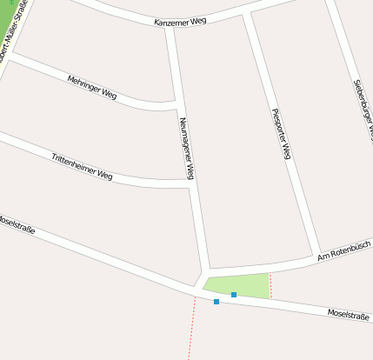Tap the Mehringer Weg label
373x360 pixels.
pyautogui.click(x=91, y=86)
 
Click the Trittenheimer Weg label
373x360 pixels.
pyautogui.click(x=82, y=167)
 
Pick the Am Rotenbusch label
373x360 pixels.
pyautogui.click(x=344, y=250)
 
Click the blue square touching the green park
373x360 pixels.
pyautogui.click(x=234, y=295)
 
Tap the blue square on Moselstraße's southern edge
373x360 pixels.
pyautogui.click(x=216, y=302)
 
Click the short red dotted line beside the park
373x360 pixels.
pyautogui.click(x=270, y=285)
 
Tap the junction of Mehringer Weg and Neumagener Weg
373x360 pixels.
pyautogui.click(x=178, y=105)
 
